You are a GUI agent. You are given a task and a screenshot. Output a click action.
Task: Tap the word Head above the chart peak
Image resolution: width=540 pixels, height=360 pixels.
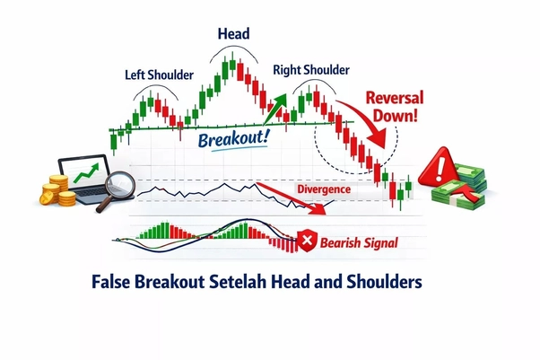click(232, 33)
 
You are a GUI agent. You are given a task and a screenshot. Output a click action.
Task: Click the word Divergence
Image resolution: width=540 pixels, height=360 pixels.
click(324, 190)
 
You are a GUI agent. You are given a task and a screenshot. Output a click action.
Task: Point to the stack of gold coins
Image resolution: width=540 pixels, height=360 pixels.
click(57, 190)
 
